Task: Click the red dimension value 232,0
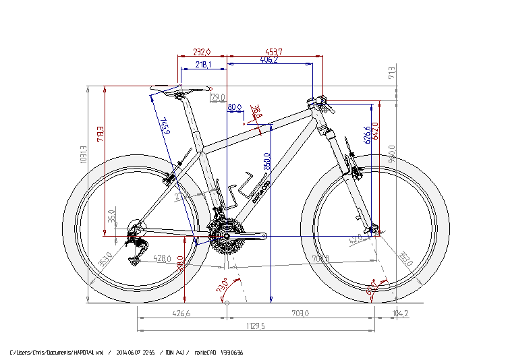click(202, 52)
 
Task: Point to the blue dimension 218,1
click(203, 65)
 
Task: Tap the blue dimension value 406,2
click(268, 60)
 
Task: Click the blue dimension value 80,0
click(234, 107)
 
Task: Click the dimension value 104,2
click(401, 313)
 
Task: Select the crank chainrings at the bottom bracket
click(224, 235)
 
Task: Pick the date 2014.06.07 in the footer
click(130, 353)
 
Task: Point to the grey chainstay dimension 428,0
click(163, 258)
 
